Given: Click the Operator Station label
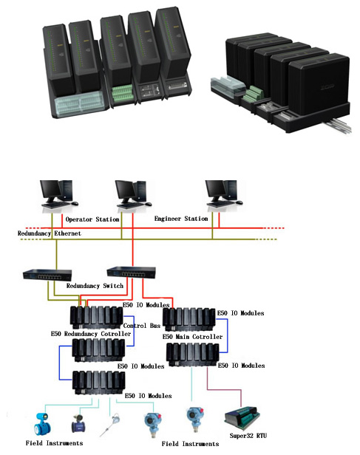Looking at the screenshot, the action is [x=92, y=219].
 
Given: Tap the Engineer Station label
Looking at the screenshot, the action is [x=181, y=219].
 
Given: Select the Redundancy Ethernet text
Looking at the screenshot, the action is [x=50, y=233].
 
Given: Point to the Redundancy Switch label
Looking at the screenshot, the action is [x=95, y=286].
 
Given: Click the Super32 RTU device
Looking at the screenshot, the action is [x=242, y=417].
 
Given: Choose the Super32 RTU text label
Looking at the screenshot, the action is [x=248, y=436].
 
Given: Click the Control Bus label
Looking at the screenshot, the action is [x=142, y=326].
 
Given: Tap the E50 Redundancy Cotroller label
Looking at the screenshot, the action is [x=91, y=334].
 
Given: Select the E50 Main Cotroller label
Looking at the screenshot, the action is [x=192, y=337].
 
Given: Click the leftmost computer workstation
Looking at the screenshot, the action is [x=59, y=194].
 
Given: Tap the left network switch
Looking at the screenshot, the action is [x=47, y=275].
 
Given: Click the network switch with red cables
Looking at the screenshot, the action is [x=132, y=273].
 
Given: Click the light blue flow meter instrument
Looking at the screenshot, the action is [x=42, y=424].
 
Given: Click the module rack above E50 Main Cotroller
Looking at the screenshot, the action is [x=189, y=319].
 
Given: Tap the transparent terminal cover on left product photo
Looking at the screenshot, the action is [x=80, y=103].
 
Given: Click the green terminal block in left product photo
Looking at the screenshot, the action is [x=123, y=93].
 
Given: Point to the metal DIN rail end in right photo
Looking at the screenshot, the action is [x=339, y=125].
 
